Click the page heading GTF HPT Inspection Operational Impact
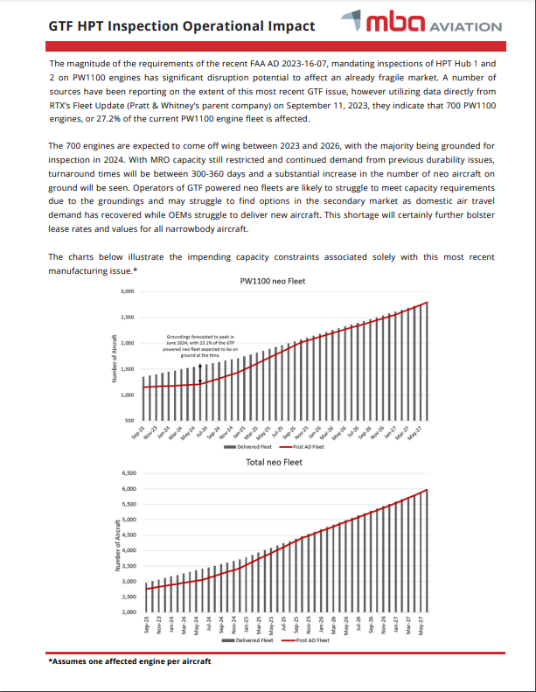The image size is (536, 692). pos(182,26)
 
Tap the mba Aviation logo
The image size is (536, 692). pos(434,24)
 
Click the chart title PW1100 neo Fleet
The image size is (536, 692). pos(271,282)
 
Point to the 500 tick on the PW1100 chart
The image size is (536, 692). pos(129,422)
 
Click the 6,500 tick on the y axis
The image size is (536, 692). pos(127,473)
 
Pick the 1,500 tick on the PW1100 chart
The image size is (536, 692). pos(127,369)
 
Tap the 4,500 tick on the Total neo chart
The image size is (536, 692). pos(127,535)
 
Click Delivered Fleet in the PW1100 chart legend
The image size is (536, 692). pos(254,446)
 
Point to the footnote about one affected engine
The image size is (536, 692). pos(129,662)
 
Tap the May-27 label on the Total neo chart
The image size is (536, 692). pos(423,626)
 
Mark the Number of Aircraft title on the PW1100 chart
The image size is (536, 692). pos(115,360)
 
